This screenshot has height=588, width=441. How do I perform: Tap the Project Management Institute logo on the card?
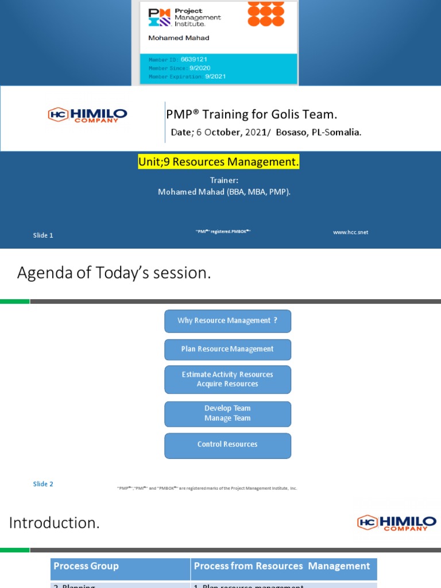click(x=184, y=17)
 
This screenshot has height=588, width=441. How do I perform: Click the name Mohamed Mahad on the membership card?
click(x=179, y=38)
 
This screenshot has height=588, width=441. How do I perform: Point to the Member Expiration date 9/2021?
click(x=216, y=76)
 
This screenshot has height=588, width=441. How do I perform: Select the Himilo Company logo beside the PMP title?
click(x=87, y=115)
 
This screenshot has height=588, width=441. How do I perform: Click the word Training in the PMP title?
click(x=225, y=115)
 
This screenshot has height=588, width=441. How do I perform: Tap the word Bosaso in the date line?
click(x=294, y=133)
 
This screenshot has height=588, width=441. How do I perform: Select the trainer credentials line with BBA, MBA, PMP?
click(x=224, y=192)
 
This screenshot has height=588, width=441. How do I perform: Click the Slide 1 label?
click(x=43, y=235)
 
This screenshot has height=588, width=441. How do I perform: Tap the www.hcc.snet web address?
click(x=350, y=232)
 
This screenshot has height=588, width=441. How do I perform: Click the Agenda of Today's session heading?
click(x=114, y=273)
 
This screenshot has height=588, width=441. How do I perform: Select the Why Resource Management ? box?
click(x=227, y=321)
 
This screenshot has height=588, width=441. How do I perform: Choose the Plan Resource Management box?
click(x=227, y=349)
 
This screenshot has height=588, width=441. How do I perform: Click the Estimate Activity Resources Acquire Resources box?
click(x=227, y=379)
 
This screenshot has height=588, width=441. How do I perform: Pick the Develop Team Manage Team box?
click(x=227, y=413)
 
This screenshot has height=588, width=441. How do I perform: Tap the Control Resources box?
click(x=227, y=445)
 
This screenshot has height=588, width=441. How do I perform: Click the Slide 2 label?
click(x=43, y=484)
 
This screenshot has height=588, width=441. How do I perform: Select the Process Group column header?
click(x=86, y=566)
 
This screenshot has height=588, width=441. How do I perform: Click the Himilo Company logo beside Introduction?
click(x=396, y=523)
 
